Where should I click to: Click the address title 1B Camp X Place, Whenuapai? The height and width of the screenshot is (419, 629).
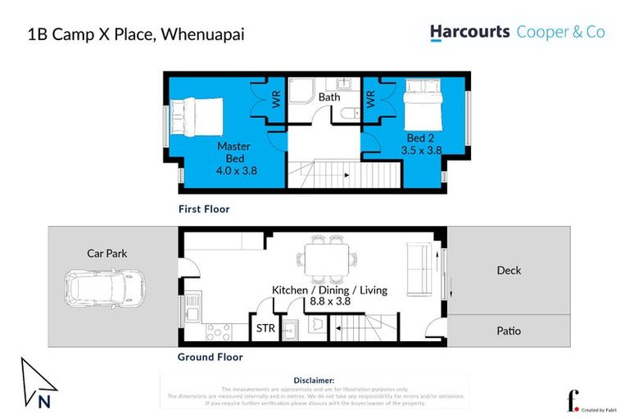[136, 34]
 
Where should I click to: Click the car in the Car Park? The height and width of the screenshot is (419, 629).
[97, 288]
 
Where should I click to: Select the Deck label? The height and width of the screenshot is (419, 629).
[509, 270]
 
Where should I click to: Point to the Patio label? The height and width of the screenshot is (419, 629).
[509, 331]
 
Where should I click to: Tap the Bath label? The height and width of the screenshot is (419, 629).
[329, 97]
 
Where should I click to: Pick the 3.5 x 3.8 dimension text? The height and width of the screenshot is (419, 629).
[421, 150]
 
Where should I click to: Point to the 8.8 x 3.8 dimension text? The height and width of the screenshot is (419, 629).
[328, 301]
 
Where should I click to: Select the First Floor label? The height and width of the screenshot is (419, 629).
[204, 209]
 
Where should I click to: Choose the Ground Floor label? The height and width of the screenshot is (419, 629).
[210, 357]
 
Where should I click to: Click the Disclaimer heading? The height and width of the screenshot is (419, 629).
[314, 381]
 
